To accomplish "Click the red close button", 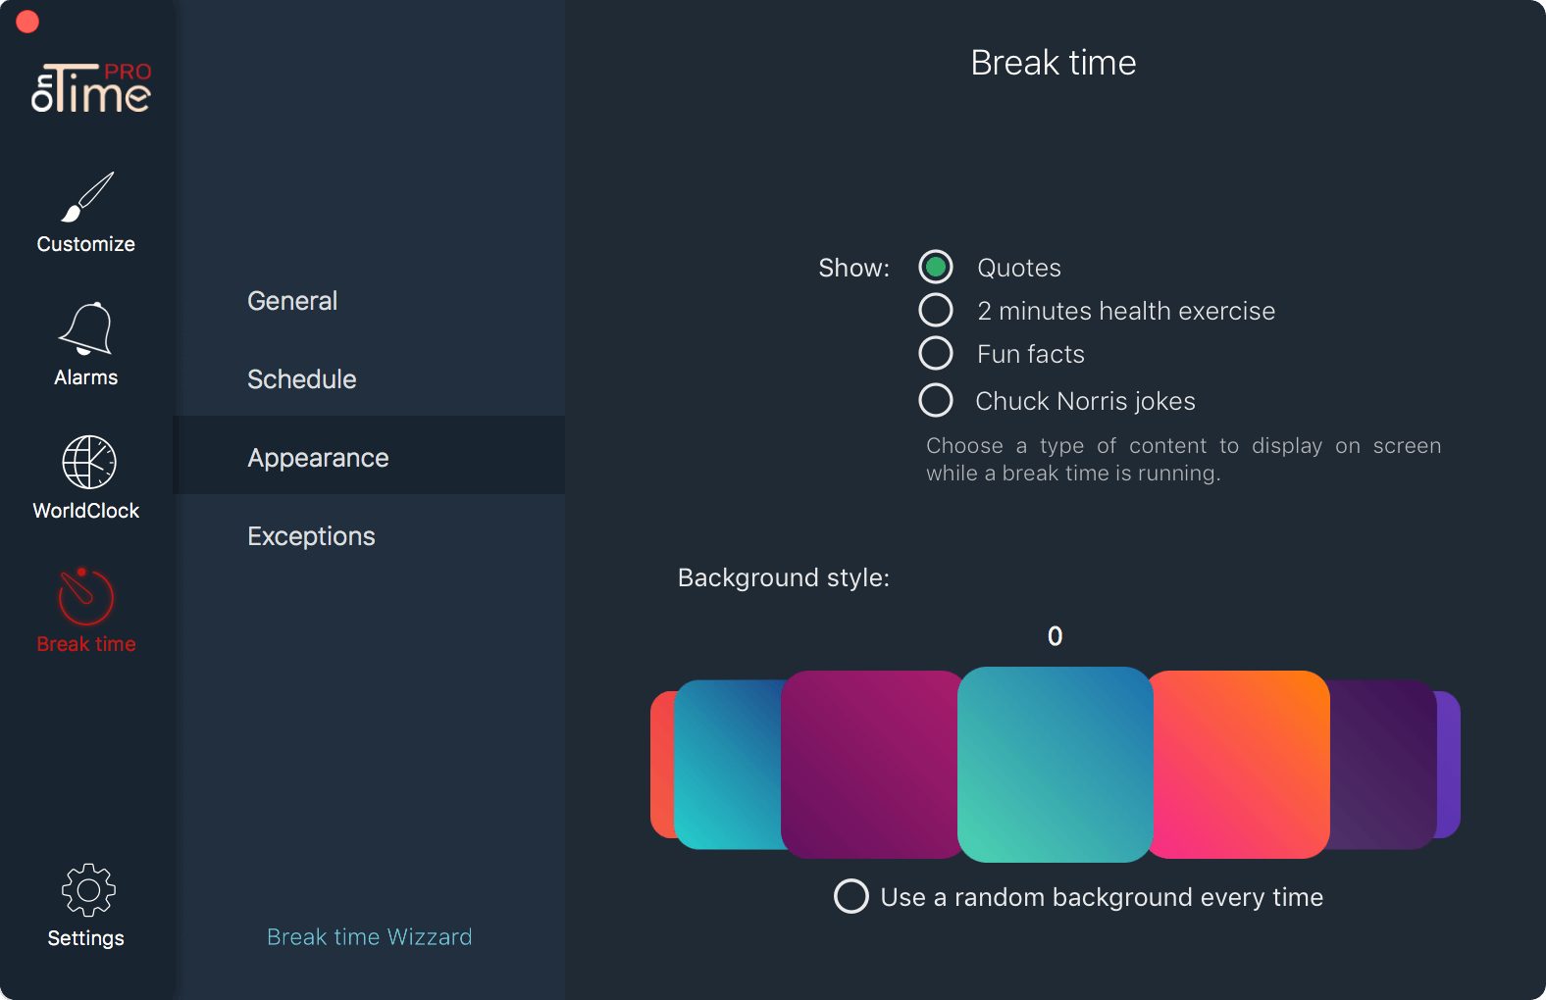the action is (x=27, y=22).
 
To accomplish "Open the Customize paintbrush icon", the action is (x=87, y=197).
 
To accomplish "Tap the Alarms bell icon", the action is (x=86, y=328).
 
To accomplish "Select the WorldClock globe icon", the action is (x=89, y=462).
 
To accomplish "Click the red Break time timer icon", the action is (x=85, y=596).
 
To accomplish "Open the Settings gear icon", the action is (x=88, y=889).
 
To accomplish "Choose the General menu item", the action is (x=292, y=301).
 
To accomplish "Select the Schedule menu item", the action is (x=301, y=379).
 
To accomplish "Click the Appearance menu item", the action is (x=318, y=458).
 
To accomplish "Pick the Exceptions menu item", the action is (x=311, y=536).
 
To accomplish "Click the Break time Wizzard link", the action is (x=369, y=936).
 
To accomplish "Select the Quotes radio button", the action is (x=936, y=267).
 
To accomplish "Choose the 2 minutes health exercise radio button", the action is (x=936, y=310).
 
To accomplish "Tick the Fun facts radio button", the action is (x=936, y=353).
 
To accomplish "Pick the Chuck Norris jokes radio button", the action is (x=936, y=400).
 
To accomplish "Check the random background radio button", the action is (x=851, y=896).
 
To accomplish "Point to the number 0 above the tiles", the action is (x=1055, y=636).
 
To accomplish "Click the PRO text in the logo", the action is (x=128, y=72).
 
